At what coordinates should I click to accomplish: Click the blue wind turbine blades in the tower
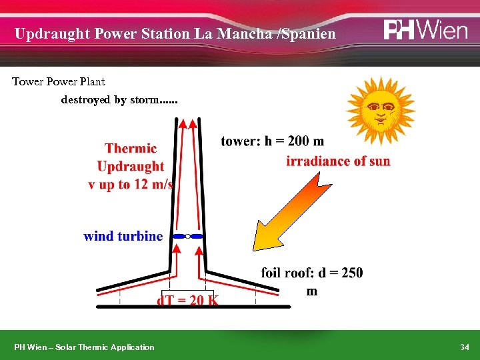coord(187,236)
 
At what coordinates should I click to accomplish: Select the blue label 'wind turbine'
coord(123,236)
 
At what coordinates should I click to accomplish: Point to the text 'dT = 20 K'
coord(187,300)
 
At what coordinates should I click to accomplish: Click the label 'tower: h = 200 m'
coord(273,141)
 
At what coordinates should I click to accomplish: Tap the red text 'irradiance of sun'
coord(339,161)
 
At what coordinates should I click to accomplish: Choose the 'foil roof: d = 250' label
coord(312,273)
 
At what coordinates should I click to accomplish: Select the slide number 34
coord(465,347)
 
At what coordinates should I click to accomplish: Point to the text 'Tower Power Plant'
coord(59,82)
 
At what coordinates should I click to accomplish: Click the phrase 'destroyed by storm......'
coord(119,101)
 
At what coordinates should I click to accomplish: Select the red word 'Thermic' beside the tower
coord(131,149)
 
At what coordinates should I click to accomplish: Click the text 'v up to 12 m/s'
coord(131,185)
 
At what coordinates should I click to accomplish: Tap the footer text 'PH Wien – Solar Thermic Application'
coord(85,347)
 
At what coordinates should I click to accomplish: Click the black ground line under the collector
coord(193,307)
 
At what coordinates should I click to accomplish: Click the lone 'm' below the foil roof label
coord(312,291)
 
